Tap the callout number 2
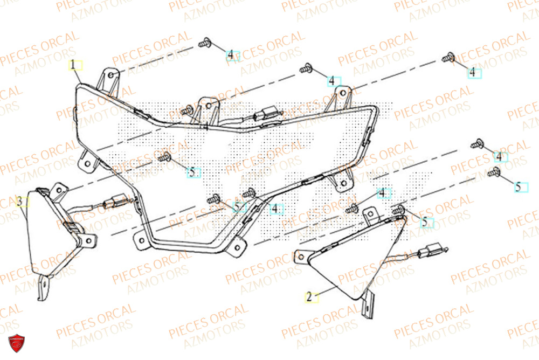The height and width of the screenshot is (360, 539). [x=309, y=296]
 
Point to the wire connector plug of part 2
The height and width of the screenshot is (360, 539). [x=433, y=250]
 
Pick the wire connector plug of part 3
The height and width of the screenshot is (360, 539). [x=114, y=203]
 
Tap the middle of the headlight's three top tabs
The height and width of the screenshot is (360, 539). [x=206, y=106]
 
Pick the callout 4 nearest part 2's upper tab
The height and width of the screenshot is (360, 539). [x=383, y=193]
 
